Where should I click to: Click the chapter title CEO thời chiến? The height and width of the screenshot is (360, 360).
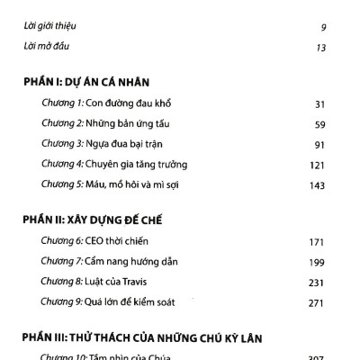click(119, 241)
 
